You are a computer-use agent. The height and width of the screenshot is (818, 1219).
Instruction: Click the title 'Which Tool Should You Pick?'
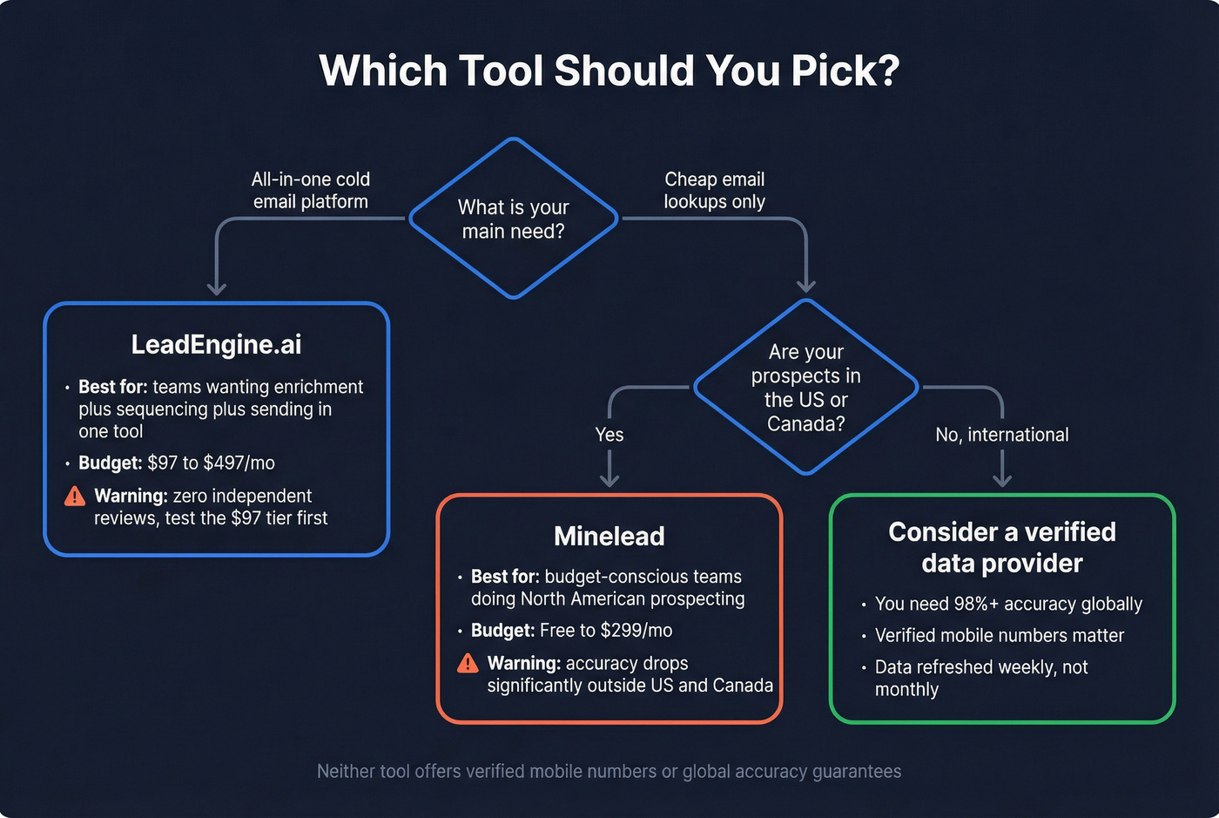[x=609, y=71]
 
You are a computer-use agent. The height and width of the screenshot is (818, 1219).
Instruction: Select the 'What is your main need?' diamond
[x=514, y=219]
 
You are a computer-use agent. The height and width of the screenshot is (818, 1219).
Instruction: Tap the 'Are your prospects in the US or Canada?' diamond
[x=805, y=388]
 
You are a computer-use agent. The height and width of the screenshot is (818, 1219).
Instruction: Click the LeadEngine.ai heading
[x=216, y=345]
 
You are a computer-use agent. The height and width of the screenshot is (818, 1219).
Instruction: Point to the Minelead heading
[x=609, y=536]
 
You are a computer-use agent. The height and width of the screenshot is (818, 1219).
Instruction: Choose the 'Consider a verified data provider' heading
[x=1002, y=547]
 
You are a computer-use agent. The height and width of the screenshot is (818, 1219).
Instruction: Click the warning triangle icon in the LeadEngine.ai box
[x=75, y=497]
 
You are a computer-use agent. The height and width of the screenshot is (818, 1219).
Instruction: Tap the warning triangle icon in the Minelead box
[x=468, y=664]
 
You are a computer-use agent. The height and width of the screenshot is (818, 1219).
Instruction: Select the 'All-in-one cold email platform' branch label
[x=311, y=190]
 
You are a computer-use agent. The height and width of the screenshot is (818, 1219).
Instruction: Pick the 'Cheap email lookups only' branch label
[x=714, y=190]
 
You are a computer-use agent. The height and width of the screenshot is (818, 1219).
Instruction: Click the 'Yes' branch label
[x=609, y=435]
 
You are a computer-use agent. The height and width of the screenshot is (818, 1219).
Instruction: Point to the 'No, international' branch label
[x=1002, y=435]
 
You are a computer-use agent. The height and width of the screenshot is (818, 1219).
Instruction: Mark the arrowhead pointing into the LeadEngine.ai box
[x=217, y=288]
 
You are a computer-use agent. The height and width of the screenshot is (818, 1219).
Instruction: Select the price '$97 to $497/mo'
[x=212, y=463]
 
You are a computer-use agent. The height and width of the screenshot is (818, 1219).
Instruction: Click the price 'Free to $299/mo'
[x=606, y=630]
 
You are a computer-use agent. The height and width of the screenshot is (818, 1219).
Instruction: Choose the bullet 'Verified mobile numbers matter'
[x=1000, y=635]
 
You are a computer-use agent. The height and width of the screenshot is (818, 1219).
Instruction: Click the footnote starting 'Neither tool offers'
[x=609, y=771]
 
